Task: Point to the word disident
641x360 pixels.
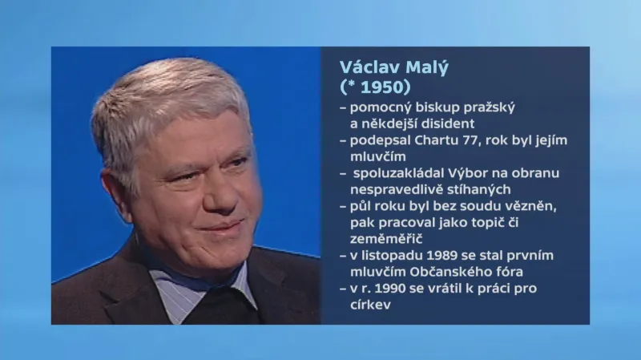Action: coord(447,123)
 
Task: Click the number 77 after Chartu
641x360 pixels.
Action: coord(486,140)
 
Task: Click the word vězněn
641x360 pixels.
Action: coord(532,206)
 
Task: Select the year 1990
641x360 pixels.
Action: coord(391,289)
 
